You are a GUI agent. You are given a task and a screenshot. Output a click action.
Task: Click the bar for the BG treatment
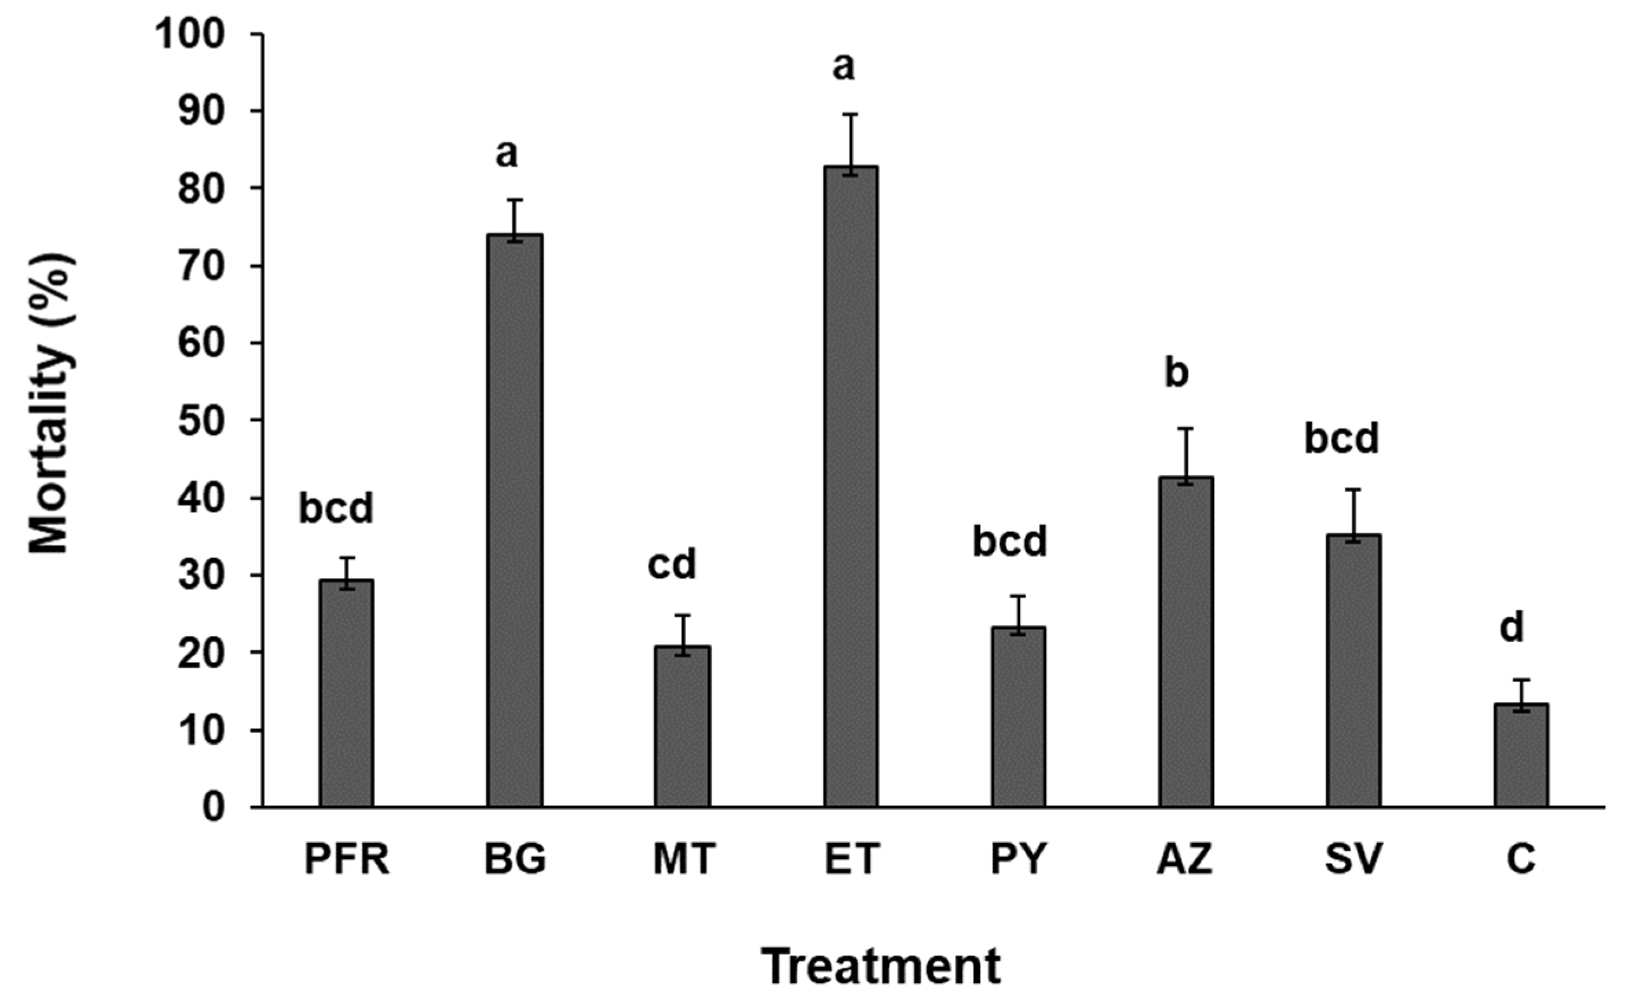pyautogui.click(x=514, y=520)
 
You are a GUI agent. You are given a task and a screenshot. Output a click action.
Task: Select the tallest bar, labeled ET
pyautogui.click(x=850, y=487)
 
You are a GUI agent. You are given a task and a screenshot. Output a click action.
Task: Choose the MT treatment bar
pyautogui.click(x=682, y=727)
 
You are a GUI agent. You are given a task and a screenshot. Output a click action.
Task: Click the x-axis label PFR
pyautogui.click(x=346, y=859)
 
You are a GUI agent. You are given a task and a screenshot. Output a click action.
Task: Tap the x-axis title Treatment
pyautogui.click(x=881, y=966)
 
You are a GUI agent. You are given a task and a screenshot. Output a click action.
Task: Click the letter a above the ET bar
pyautogui.click(x=844, y=67)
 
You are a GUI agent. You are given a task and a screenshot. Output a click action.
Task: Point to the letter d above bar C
pyautogui.click(x=1512, y=627)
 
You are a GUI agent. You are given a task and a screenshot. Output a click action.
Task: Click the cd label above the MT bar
pyautogui.click(x=672, y=564)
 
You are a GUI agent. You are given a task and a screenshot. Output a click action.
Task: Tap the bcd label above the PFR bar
pyautogui.click(x=336, y=508)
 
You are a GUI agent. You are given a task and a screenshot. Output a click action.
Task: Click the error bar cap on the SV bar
pyautogui.click(x=1352, y=490)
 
